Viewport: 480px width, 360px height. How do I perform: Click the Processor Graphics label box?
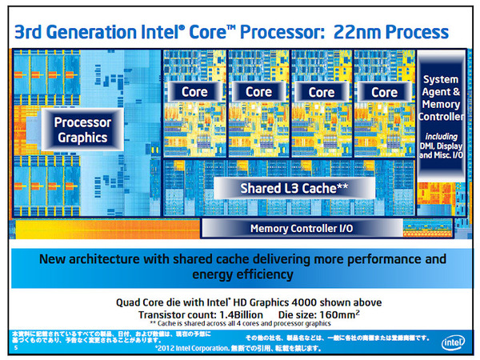(x=81, y=130)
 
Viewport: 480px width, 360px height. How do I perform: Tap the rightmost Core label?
(x=385, y=93)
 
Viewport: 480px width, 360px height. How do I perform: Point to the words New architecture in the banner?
(x=89, y=260)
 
